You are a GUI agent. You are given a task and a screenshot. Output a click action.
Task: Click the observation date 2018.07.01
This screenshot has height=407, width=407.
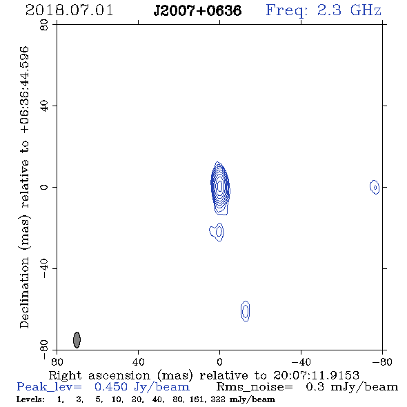[69, 10]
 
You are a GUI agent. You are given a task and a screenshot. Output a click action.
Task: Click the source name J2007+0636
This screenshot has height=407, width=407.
[197, 11]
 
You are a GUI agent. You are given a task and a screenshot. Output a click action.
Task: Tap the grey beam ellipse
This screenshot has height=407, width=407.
[77, 340]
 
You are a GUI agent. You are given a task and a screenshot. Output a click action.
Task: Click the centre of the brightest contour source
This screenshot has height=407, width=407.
[220, 186]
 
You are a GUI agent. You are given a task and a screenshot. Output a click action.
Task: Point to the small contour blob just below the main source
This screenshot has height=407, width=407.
[217, 232]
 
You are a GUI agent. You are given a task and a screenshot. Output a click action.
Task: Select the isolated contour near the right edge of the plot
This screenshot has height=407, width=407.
[375, 187]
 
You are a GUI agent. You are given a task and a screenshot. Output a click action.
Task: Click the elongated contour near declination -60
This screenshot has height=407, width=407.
[246, 311]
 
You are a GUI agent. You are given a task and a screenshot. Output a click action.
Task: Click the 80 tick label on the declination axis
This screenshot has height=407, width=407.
[44, 25]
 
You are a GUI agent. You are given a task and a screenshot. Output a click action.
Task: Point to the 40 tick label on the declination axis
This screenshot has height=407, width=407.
[44, 106]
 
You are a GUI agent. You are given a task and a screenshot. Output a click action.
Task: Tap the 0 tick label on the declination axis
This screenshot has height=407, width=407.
[44, 187]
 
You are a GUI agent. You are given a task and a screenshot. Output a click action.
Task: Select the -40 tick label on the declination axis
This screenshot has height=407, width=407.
[44, 268]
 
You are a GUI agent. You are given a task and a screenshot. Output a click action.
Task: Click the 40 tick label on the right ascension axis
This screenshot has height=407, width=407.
[138, 361]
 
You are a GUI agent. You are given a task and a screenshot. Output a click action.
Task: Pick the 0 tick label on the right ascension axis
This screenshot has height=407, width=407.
[219, 361]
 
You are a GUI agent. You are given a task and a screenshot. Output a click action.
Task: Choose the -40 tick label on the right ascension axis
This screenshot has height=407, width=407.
[301, 361]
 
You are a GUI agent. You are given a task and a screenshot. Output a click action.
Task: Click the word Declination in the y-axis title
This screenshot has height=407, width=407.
[24, 292]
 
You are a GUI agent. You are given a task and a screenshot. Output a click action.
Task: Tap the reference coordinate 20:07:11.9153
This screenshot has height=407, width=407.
[316, 375]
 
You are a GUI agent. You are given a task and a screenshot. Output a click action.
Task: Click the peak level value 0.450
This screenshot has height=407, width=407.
[111, 387]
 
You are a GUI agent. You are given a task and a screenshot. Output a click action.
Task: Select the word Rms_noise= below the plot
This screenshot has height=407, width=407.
[255, 387]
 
